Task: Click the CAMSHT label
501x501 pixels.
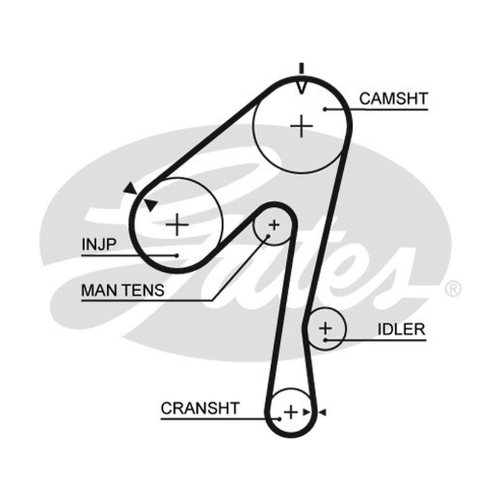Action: (393, 98)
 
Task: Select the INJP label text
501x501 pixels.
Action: (99, 244)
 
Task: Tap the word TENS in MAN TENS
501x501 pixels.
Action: (144, 291)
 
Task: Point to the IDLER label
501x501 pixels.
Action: (401, 329)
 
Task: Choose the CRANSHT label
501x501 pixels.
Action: (200, 408)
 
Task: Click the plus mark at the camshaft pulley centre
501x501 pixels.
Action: (301, 127)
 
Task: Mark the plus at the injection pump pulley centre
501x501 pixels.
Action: (177, 225)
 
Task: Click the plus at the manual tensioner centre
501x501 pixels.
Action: (274, 225)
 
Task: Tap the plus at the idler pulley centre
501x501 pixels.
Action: (326, 328)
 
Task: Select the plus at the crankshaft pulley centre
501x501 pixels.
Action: (291, 412)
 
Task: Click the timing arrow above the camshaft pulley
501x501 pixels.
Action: (301, 79)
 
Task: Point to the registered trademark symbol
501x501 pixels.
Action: (453, 289)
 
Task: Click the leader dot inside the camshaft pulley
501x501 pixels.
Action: (324, 109)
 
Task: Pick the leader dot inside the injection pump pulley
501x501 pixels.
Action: (177, 256)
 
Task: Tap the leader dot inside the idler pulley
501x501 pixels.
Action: (325, 340)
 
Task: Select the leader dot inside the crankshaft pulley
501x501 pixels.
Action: (279, 419)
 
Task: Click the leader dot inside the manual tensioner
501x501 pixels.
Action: (269, 237)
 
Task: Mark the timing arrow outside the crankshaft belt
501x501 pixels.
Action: (322, 412)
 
